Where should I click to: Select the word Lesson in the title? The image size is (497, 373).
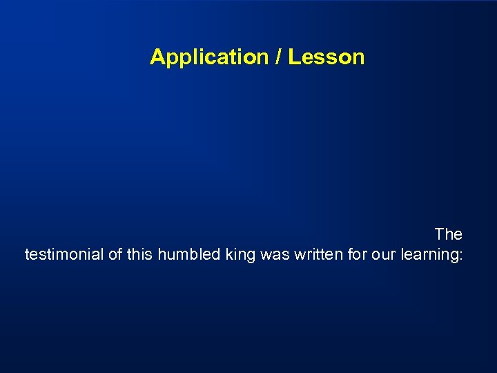[x=326, y=57]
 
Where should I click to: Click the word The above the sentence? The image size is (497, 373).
[x=448, y=234]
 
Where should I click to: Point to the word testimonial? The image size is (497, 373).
[x=64, y=254]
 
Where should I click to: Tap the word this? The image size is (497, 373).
[x=140, y=254]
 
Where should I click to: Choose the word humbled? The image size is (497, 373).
[x=188, y=254]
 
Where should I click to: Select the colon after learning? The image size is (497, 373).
[x=460, y=256]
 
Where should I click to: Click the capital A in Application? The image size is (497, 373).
[x=157, y=57]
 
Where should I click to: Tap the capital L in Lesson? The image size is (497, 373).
[x=293, y=57]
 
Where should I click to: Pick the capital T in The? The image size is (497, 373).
[x=439, y=234]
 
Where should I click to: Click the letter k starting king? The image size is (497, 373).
[x=228, y=254]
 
